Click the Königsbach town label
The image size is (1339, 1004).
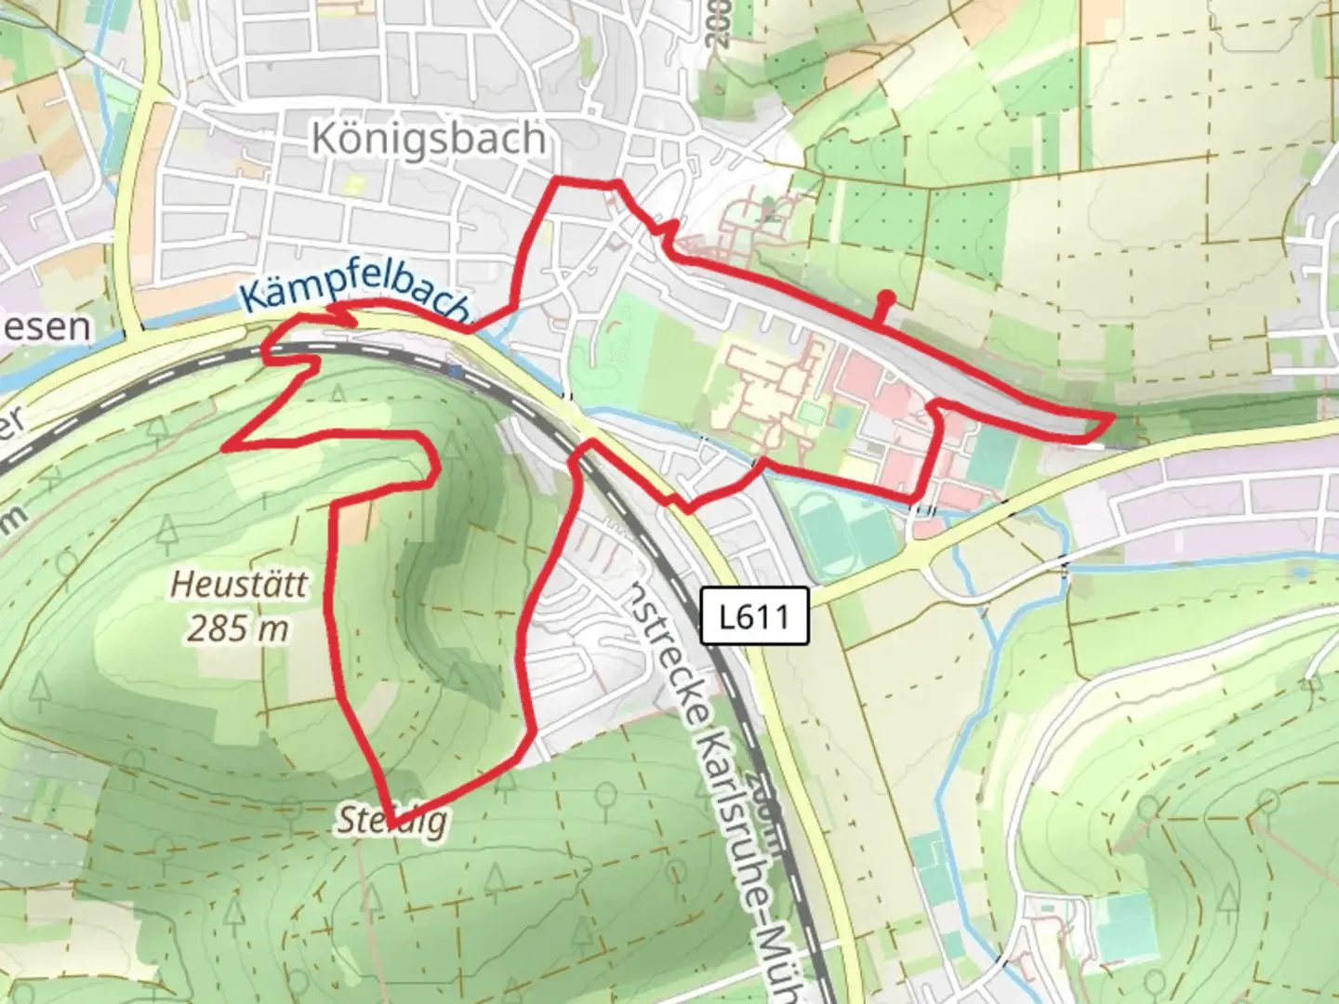[429, 139]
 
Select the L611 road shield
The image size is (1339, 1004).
[754, 615]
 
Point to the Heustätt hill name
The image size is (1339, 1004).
[239, 586]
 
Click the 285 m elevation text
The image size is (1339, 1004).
[238, 629]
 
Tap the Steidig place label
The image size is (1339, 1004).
[391, 821]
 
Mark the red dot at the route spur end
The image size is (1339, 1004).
[888, 298]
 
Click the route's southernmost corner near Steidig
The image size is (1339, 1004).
[394, 825]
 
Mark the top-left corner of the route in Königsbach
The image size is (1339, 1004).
[557, 179]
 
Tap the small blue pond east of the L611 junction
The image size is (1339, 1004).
[1299, 571]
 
